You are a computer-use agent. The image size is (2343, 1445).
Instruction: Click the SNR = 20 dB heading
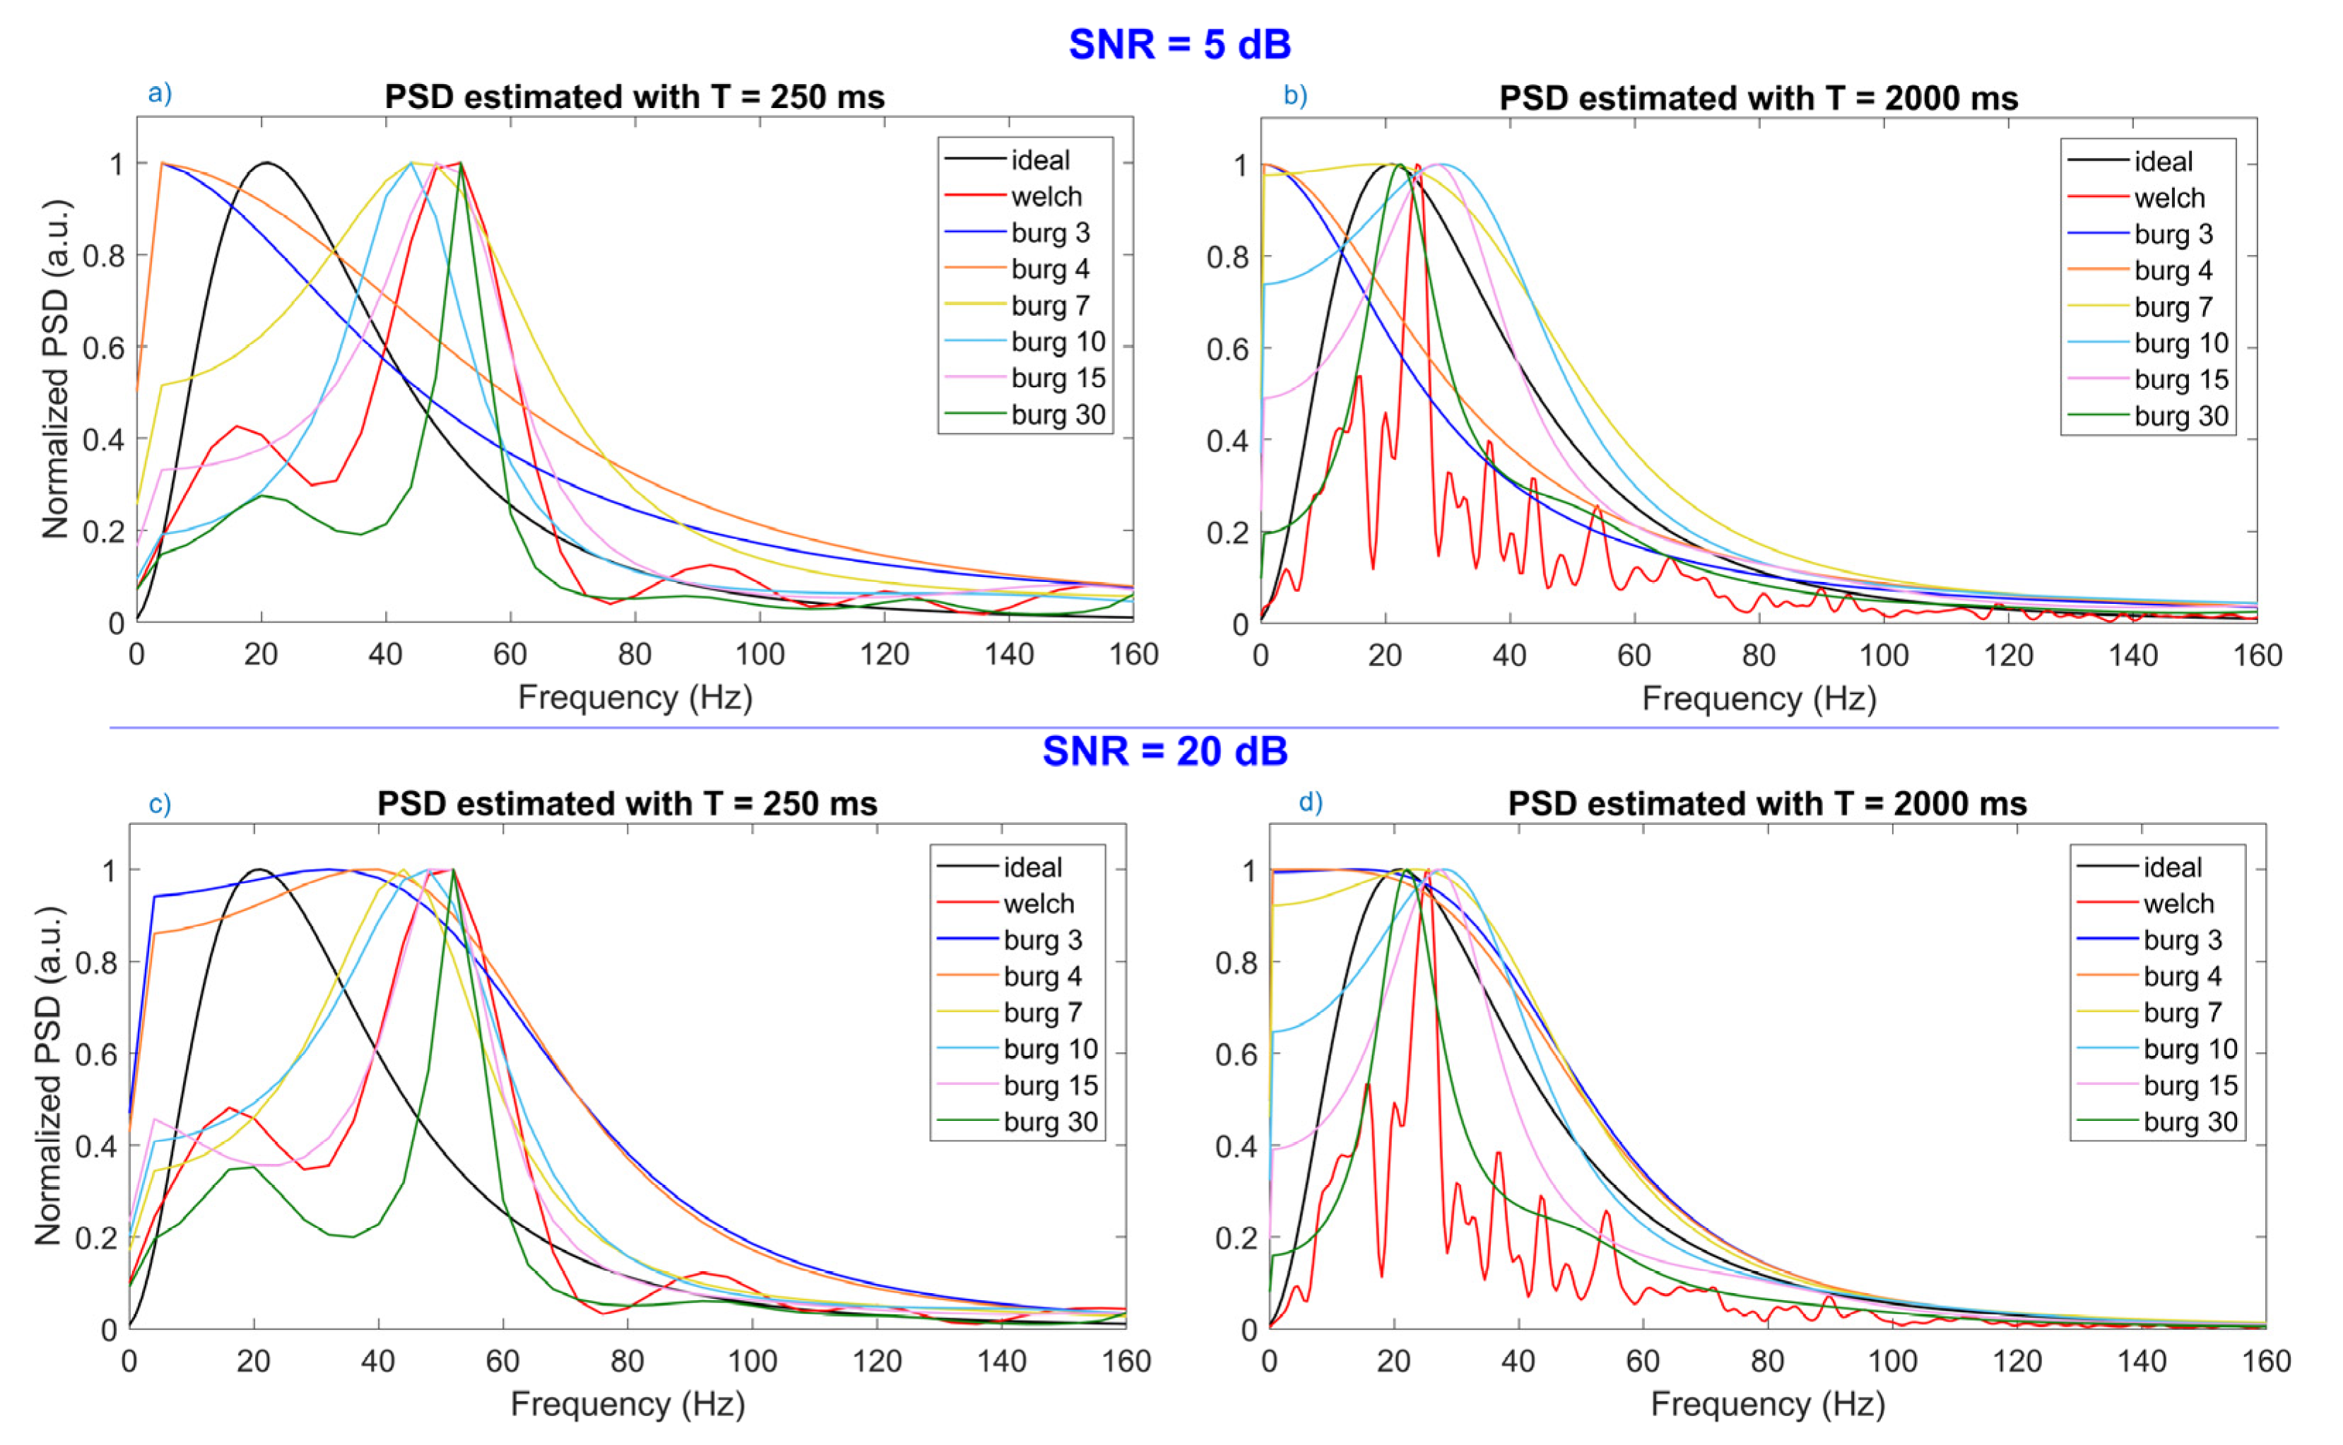click(1164, 751)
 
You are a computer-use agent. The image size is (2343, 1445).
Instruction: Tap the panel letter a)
click(160, 94)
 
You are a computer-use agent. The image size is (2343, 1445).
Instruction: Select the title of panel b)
click(1758, 98)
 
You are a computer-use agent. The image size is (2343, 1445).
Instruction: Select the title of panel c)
click(627, 804)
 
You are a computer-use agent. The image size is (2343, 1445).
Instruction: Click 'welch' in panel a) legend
click(1046, 197)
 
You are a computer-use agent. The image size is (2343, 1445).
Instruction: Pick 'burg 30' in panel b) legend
click(2180, 417)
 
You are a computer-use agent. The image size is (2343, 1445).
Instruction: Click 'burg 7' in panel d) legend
click(2181, 1012)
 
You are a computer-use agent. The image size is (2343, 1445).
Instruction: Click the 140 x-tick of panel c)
click(1001, 1361)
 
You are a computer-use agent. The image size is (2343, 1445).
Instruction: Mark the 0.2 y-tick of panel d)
click(1235, 1237)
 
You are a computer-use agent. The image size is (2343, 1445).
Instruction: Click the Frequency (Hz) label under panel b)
click(1759, 698)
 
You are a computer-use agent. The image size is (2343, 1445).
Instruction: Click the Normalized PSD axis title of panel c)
click(48, 1075)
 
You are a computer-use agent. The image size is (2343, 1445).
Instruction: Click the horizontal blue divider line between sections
click(1193, 728)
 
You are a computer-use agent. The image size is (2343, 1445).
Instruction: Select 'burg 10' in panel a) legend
click(1057, 342)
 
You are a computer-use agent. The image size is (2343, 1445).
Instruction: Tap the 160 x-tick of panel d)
click(2265, 1361)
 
